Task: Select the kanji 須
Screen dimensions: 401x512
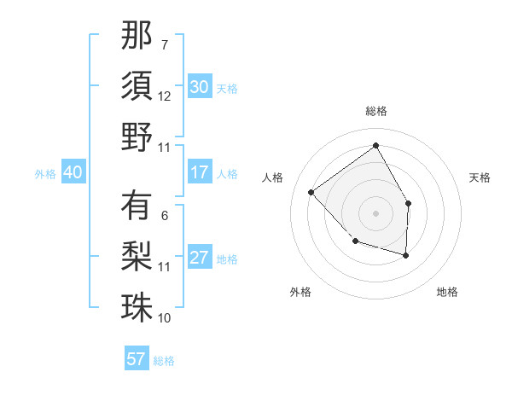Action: click(137, 85)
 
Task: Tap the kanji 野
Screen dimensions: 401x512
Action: click(137, 137)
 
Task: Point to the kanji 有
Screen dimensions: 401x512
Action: click(137, 206)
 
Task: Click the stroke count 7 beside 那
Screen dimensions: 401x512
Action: click(165, 44)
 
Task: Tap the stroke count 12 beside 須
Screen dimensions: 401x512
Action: click(165, 96)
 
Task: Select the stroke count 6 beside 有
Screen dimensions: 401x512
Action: click(165, 216)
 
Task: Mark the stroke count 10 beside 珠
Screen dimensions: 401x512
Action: click(165, 318)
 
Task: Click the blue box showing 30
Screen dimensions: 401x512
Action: click(199, 87)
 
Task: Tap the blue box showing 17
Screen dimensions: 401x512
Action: click(199, 172)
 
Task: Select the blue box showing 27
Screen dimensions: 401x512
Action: click(199, 258)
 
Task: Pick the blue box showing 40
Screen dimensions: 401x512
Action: click(73, 172)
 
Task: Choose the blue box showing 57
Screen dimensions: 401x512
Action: click(136, 359)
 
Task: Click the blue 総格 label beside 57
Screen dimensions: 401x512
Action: click(164, 361)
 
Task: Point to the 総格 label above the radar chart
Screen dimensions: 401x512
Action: click(375, 111)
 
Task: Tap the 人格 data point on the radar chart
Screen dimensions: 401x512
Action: click(311, 192)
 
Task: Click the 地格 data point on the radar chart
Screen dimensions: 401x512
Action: click(406, 255)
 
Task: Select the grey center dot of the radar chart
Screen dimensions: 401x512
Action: click(375, 212)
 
